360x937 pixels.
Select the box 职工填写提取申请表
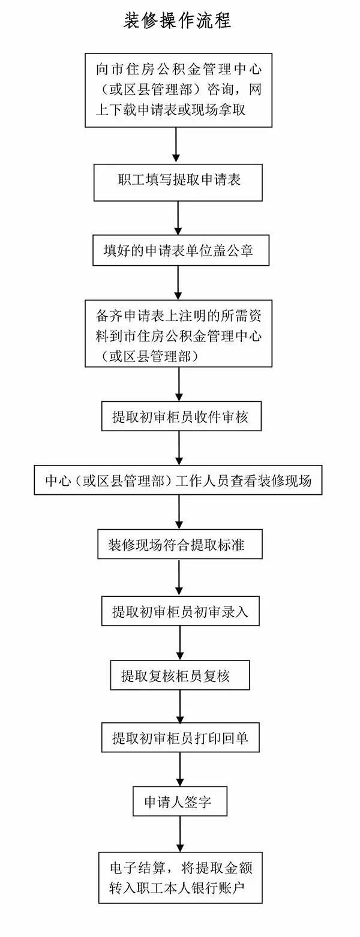coord(178,182)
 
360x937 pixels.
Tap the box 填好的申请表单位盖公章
coord(181,250)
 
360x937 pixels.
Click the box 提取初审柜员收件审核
coord(181,416)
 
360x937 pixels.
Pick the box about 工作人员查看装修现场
coord(178,480)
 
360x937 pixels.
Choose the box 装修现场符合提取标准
coord(180,544)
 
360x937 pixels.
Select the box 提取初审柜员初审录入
coord(181,611)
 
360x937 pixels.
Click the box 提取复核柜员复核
coord(180,675)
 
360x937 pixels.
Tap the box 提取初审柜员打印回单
coord(181,738)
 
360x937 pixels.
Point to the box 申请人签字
coord(180,801)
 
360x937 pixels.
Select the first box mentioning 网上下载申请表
coord(179,90)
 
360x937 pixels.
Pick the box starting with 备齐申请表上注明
coord(179,334)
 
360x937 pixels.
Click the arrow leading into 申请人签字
coord(179,770)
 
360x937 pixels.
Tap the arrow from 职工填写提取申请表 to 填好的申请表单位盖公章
coord(178,218)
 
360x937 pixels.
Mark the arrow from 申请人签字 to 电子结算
coord(179,834)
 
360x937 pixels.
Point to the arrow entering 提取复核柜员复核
coord(180,643)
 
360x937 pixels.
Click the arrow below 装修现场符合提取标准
coord(179,578)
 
